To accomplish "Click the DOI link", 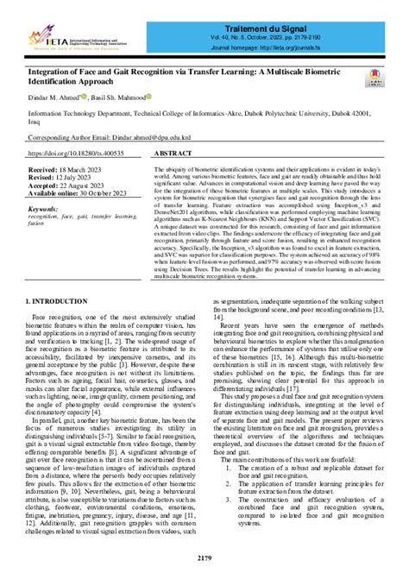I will coord(79,153).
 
